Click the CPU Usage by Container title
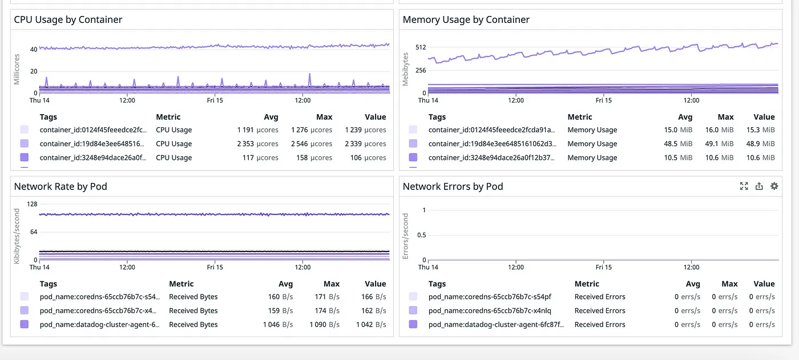point(68,19)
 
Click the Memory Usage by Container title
point(466,19)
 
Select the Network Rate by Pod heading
point(60,186)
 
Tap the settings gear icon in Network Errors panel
point(774,186)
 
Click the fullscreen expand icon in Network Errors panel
point(744,186)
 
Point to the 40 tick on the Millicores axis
point(34,50)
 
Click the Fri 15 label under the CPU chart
point(215,100)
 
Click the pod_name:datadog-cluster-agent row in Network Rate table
point(99,324)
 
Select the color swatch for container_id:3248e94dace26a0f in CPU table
point(24,157)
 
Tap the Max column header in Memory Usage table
point(725,117)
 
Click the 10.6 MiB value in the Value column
point(760,157)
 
